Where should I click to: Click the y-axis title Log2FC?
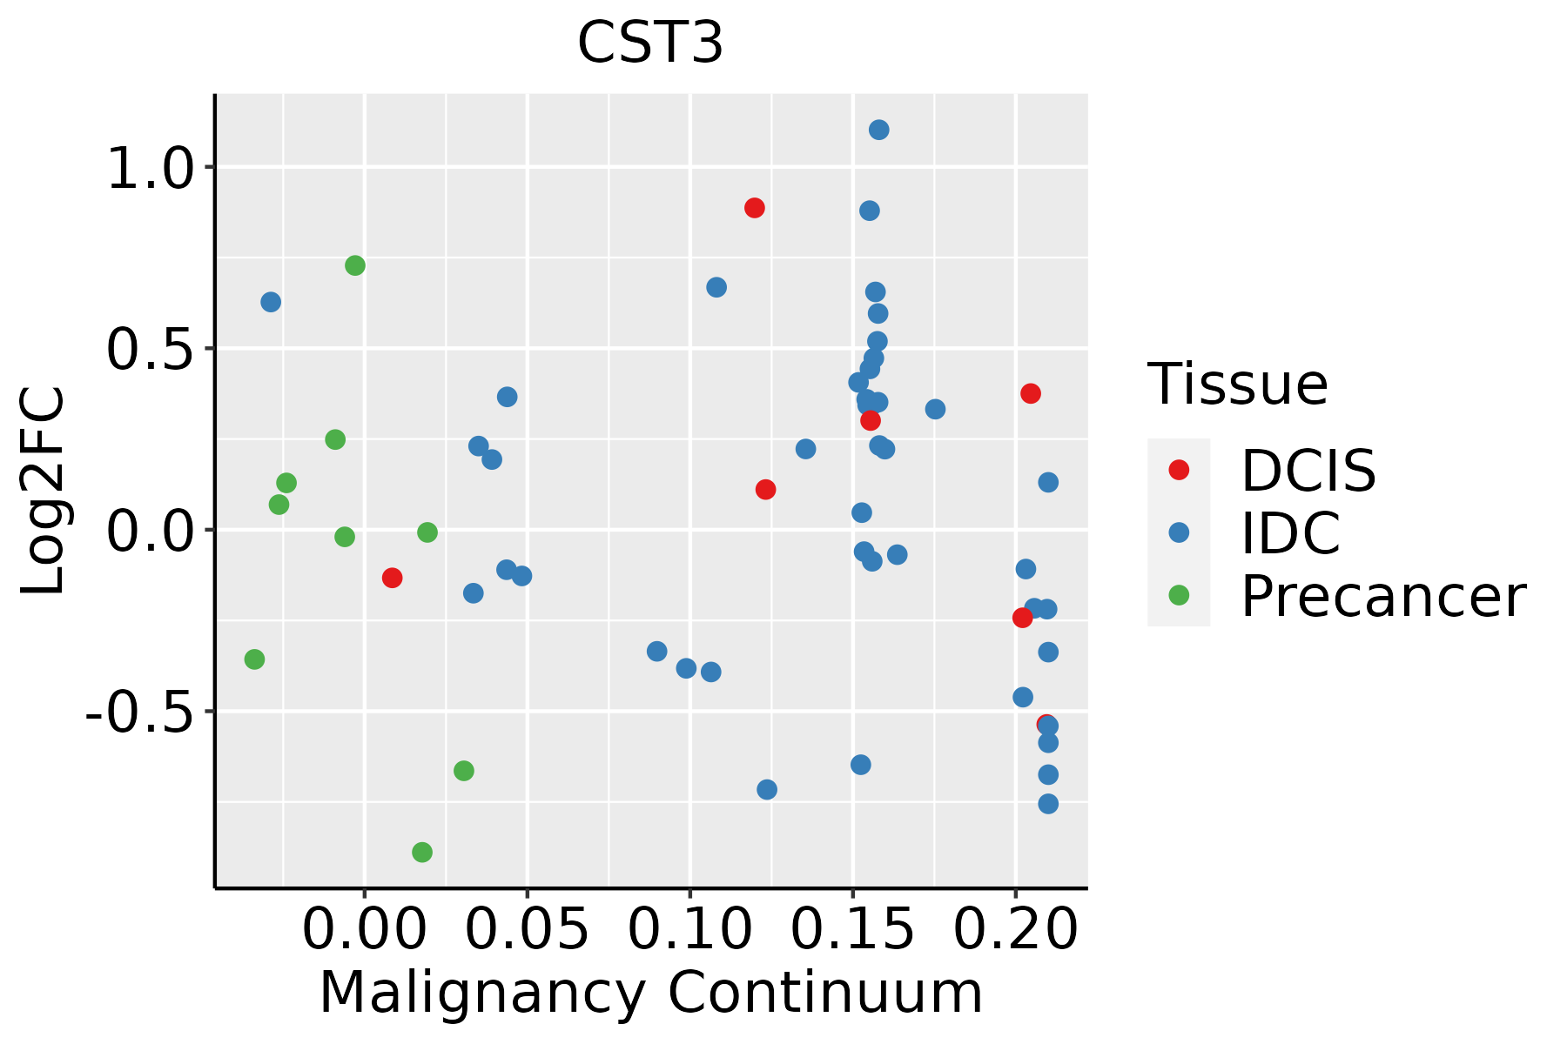[44, 491]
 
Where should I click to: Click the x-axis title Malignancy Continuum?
[651, 994]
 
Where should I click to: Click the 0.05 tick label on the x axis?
[527, 929]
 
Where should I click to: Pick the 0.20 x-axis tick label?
[1015, 929]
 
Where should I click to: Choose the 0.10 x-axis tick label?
[689, 929]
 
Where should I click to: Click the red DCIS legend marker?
[1179, 470]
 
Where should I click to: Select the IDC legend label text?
[1290, 533]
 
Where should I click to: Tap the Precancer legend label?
[1382, 597]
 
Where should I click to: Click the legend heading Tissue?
[1237, 384]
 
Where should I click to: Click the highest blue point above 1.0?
[879, 130]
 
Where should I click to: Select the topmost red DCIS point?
[755, 208]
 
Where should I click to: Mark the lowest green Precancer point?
[422, 852]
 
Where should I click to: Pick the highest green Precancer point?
[355, 265]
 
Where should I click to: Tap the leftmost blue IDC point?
[271, 302]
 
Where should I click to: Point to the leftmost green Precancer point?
[254, 659]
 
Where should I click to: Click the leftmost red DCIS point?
[393, 578]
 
